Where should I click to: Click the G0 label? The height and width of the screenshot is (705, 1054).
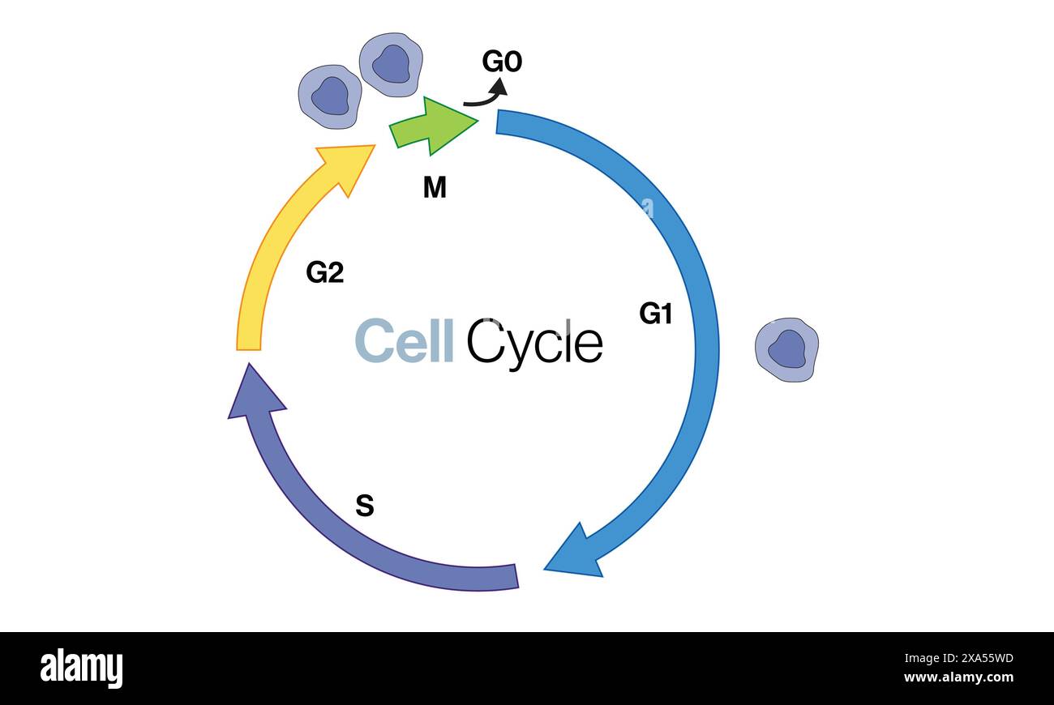tap(502, 62)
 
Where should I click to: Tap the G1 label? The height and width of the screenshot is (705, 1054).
tap(655, 314)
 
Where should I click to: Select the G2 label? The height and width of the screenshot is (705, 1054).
tap(324, 273)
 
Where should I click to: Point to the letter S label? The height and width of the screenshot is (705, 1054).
tap(365, 506)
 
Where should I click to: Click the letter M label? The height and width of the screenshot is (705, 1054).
tap(435, 188)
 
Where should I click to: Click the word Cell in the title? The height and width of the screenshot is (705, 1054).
tap(404, 341)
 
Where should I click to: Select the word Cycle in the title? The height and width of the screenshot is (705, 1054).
tap(534, 343)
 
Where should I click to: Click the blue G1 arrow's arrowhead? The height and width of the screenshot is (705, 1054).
tap(577, 553)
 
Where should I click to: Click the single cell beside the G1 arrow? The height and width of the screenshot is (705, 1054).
tap(786, 349)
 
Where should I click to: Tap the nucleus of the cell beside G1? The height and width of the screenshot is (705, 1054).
tap(786, 348)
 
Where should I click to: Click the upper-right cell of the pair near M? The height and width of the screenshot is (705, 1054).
tap(391, 64)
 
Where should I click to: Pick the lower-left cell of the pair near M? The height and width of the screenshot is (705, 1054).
tap(329, 96)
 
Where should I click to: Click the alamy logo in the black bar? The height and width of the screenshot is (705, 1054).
tap(81, 669)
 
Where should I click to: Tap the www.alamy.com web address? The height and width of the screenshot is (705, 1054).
tap(958, 677)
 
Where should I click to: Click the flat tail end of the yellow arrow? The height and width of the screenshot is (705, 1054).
tap(249, 345)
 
